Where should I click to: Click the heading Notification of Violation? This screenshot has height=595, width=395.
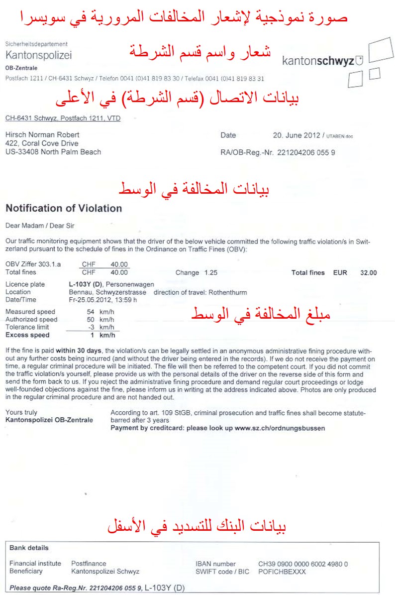pyautogui.click(x=64, y=208)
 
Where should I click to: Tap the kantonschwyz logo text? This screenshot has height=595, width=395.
pyautogui.click(x=318, y=61)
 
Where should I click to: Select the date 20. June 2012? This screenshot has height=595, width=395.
pyautogui.click(x=297, y=135)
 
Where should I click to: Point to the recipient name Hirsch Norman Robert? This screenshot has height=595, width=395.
pyautogui.click(x=42, y=135)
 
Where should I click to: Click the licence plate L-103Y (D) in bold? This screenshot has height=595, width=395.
pyautogui.click(x=85, y=284)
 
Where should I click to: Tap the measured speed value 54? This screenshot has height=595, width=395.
pyautogui.click(x=91, y=312)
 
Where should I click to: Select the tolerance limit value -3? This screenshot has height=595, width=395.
pyautogui.click(x=90, y=327)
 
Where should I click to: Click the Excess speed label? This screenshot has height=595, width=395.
pyautogui.click(x=27, y=335)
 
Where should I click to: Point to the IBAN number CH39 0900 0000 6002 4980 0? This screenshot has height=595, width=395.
pyautogui.click(x=303, y=564)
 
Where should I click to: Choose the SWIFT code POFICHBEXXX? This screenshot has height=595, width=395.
pyautogui.click(x=282, y=572)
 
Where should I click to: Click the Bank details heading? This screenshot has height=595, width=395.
pyautogui.click(x=29, y=548)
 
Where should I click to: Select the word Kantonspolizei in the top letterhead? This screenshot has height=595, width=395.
pyautogui.click(x=39, y=55)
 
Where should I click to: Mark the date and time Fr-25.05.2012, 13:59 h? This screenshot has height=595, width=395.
pyautogui.click(x=103, y=300)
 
